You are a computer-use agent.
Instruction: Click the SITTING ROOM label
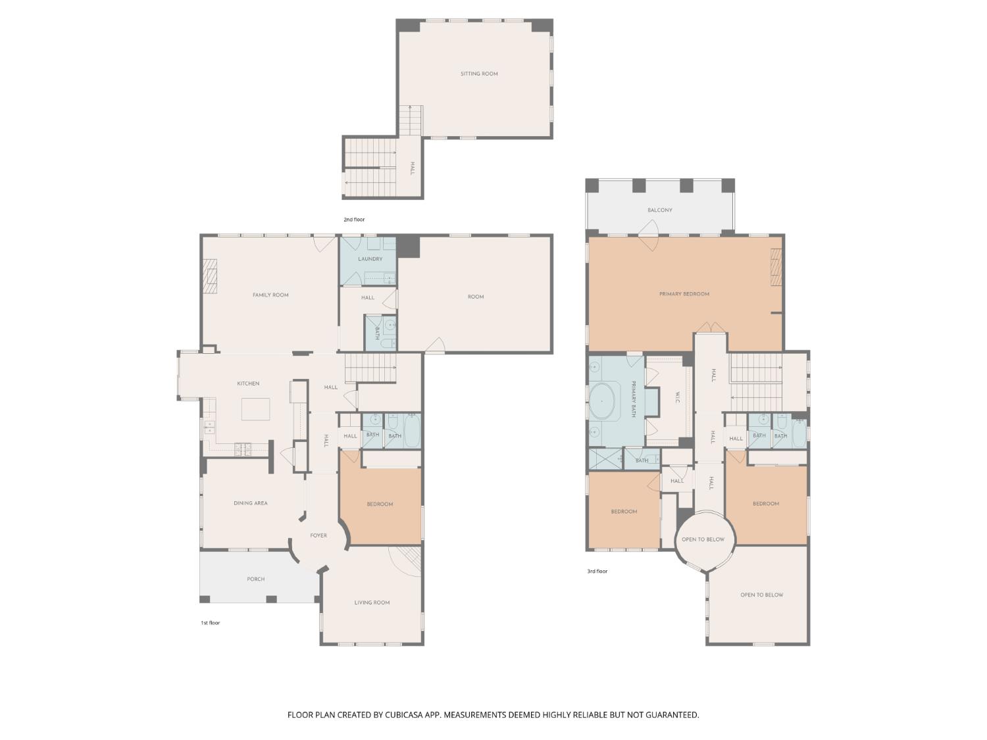(x=479, y=74)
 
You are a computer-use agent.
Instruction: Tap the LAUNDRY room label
(x=370, y=259)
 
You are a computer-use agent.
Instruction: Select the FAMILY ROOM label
(x=270, y=295)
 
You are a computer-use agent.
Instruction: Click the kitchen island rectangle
(x=255, y=409)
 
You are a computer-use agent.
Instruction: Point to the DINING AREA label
(x=250, y=503)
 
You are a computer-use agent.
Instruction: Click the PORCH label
(x=255, y=580)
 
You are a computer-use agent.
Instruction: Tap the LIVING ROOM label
(x=372, y=603)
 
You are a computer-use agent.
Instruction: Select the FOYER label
(x=318, y=536)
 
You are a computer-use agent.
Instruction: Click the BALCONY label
(x=659, y=210)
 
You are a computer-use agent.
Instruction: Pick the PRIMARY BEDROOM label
(x=684, y=294)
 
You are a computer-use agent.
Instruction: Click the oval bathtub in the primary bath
(x=601, y=401)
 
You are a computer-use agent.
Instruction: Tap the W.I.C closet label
(x=677, y=398)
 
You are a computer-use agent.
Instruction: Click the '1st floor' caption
(x=211, y=623)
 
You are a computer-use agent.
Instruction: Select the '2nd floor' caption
(x=354, y=220)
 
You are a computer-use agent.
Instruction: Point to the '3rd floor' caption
(x=597, y=572)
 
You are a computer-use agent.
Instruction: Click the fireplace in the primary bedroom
(x=776, y=267)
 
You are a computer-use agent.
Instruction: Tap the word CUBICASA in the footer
(x=404, y=715)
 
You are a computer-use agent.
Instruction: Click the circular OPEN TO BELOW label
(x=703, y=540)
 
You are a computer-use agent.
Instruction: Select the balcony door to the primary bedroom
(x=648, y=235)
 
